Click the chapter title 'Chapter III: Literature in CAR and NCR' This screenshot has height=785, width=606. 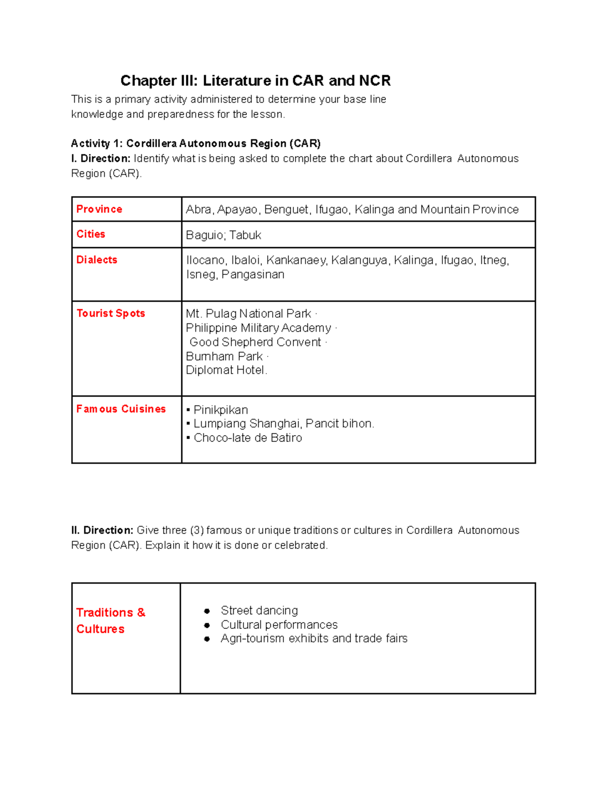point(256,81)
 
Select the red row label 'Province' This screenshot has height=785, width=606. point(99,209)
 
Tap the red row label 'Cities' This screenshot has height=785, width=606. point(91,235)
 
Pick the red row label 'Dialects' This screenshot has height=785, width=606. point(96,260)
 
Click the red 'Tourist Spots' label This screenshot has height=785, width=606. point(111,313)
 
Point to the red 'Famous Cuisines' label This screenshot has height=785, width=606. point(121,409)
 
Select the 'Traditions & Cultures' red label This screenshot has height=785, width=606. point(110,621)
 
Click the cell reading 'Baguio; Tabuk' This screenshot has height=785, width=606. point(223,235)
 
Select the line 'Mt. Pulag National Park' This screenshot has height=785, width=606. point(248,314)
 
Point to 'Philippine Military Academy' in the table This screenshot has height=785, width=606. point(258,328)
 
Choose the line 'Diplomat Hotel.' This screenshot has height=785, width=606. point(226,370)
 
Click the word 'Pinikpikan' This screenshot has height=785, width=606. point(221,410)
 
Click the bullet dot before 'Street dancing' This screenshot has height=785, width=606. point(207,611)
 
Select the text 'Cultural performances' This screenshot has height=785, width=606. point(279,625)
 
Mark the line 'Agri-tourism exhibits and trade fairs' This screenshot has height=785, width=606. point(314,638)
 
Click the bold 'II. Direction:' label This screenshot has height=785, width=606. point(102,530)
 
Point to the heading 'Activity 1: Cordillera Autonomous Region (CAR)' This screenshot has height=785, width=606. point(195,144)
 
